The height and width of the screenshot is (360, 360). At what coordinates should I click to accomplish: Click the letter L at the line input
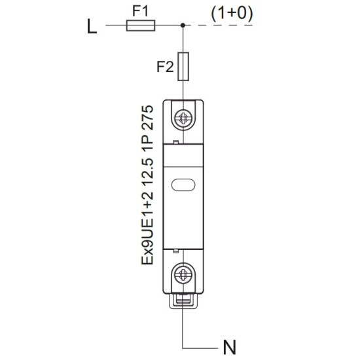[92, 26]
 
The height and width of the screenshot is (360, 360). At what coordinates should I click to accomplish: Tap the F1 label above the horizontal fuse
[141, 10]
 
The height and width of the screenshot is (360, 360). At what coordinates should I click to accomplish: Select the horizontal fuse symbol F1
[141, 26]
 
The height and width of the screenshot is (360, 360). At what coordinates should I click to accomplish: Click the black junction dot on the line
[183, 26]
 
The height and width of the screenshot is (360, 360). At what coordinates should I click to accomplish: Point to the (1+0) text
[232, 14]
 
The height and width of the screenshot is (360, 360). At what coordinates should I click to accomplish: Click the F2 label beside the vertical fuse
[165, 67]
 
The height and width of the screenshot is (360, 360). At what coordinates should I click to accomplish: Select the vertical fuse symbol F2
[183, 67]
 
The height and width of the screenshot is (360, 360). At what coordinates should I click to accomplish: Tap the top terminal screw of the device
[183, 118]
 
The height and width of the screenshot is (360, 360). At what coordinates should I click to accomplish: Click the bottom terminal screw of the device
[183, 275]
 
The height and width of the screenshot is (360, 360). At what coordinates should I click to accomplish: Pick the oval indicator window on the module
[183, 185]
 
